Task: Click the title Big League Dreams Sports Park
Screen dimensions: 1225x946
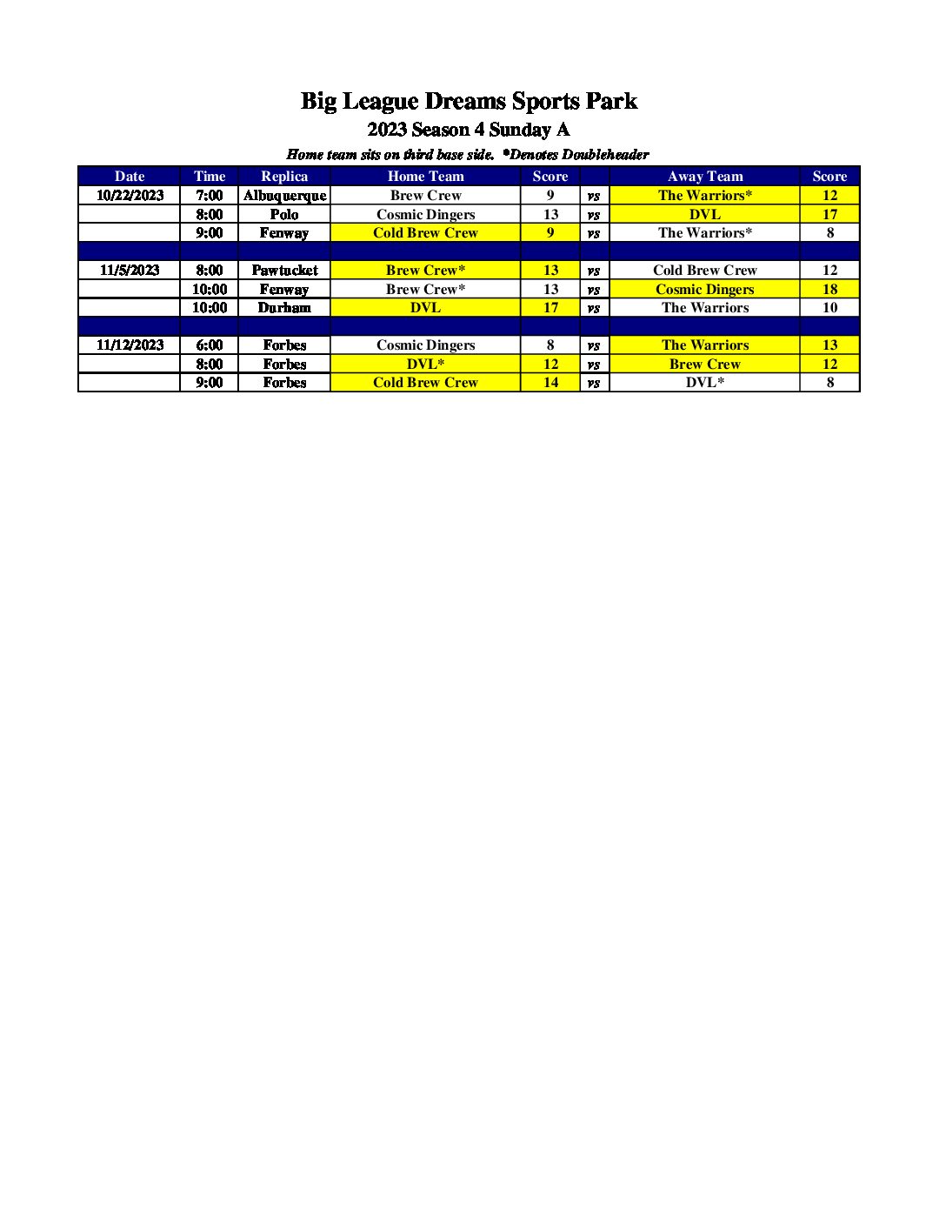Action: click(469, 102)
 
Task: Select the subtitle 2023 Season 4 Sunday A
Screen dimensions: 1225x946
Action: click(469, 130)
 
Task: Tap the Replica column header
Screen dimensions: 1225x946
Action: click(284, 176)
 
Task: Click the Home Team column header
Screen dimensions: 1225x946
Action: click(425, 176)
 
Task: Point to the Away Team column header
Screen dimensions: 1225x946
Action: click(704, 176)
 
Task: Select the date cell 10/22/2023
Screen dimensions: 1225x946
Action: click(130, 195)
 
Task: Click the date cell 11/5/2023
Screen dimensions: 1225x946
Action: click(130, 270)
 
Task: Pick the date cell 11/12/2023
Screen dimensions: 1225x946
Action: click(130, 345)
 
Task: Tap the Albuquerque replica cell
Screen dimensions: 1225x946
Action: click(284, 195)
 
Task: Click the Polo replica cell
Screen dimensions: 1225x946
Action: click(284, 214)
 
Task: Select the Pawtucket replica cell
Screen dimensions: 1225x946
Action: click(284, 270)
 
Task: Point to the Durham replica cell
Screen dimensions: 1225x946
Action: click(284, 307)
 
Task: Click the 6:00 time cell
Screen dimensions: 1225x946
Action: click(209, 345)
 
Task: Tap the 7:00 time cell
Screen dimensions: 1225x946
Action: click(209, 195)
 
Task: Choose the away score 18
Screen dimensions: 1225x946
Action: click(829, 289)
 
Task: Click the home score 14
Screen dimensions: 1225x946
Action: click(550, 382)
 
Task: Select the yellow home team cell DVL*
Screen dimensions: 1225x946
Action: click(425, 364)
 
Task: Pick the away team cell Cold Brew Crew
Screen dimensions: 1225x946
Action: click(704, 270)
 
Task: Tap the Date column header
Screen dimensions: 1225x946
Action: click(130, 176)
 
